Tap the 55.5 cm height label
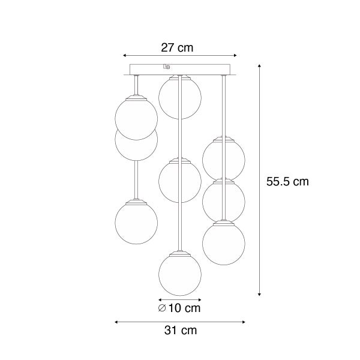287,181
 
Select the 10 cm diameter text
184,308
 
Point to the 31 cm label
179,330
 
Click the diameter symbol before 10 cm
163,308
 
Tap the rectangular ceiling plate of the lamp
179,71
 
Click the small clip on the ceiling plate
166,67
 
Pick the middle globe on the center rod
179,181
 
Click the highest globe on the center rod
179,97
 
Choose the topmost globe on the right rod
223,158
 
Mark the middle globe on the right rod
223,200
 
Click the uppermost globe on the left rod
136,118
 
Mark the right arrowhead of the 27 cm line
235,55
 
